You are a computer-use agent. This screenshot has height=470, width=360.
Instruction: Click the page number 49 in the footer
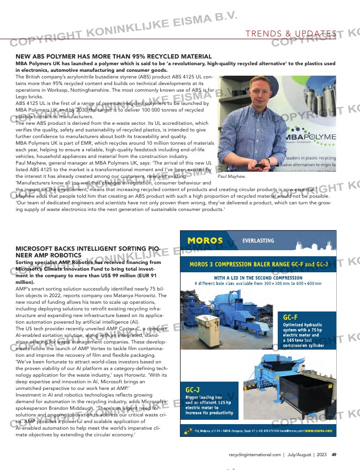tap(334, 455)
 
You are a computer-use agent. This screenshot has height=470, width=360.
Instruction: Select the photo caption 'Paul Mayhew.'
tap(232, 176)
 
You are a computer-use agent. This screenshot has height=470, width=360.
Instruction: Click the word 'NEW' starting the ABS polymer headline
tap(23, 57)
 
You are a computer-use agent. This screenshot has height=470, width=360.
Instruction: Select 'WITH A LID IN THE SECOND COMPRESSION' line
tap(258, 277)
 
